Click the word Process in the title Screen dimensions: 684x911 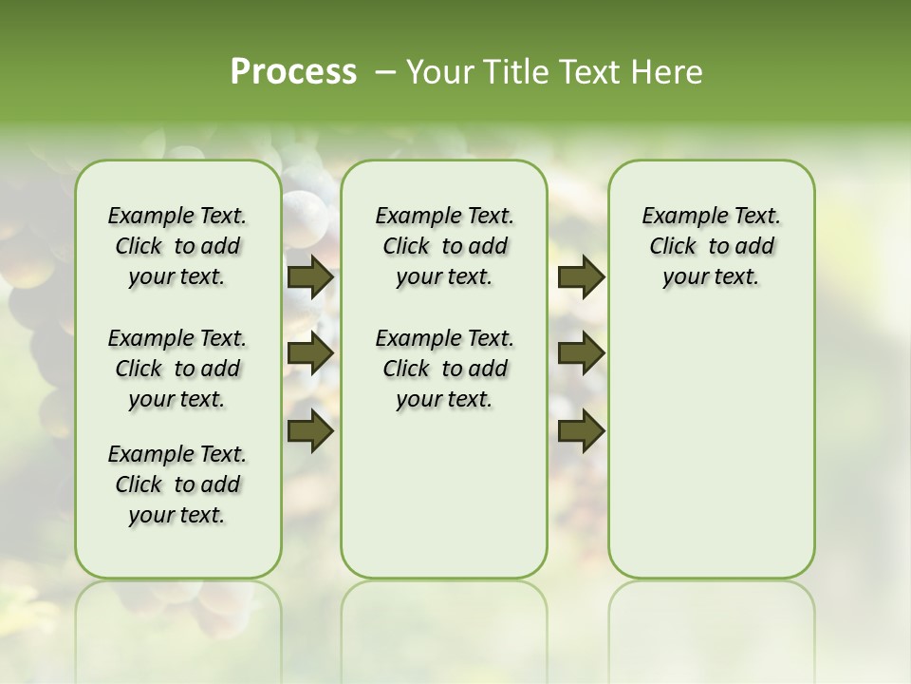tap(293, 72)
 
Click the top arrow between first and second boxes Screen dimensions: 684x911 tap(310, 276)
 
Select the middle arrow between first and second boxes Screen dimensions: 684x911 tap(310, 353)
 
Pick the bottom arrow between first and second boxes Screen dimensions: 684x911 tap(310, 429)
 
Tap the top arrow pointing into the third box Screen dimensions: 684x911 tap(581, 276)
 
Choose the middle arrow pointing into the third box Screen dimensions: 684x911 tap(581, 353)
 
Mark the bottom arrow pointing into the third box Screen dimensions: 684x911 tap(581, 430)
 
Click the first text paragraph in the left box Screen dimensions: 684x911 tap(177, 246)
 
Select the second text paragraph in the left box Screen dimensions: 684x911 tap(177, 369)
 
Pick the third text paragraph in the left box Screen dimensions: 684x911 tap(177, 484)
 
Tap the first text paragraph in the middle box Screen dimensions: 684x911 tap(444, 246)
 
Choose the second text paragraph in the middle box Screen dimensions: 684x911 tap(444, 369)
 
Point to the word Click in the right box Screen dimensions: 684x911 tap(672, 247)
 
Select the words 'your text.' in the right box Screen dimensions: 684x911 tap(711, 277)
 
